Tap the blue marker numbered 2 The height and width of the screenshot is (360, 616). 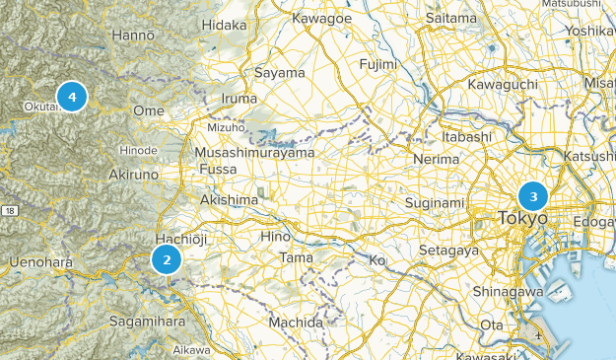tap(167, 260)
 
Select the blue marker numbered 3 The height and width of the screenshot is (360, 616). tap(533, 195)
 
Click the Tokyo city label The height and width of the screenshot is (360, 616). tap(522, 218)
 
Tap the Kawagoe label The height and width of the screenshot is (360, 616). tap(320, 18)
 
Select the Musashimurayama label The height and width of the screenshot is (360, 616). tap(255, 153)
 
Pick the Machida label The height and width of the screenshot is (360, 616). tap(296, 323)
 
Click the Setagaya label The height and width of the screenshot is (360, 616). tap(447, 251)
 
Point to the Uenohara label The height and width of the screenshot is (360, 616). tap(40, 261)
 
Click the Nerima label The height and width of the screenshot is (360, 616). tap(437, 159)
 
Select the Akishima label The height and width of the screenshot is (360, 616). tap(229, 200)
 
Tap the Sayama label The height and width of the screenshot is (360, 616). tap(279, 73)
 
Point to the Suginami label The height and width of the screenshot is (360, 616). tap(435, 203)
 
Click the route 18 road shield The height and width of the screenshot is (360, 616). tap(10, 211)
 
